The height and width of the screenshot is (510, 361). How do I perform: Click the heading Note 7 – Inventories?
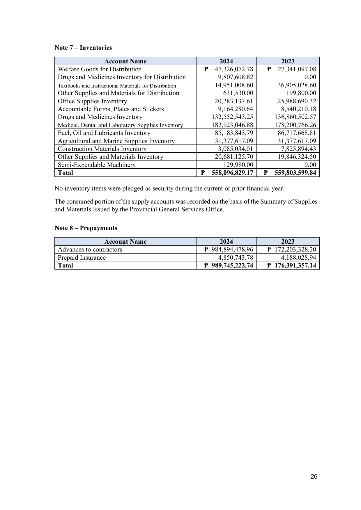(83, 48)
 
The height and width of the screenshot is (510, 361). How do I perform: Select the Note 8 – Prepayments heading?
(86, 228)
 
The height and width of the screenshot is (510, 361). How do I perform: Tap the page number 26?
(314, 477)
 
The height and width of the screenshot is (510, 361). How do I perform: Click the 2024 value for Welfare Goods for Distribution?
(233, 69)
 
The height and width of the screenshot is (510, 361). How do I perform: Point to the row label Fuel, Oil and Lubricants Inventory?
(104, 133)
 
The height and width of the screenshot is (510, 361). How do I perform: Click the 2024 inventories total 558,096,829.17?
(232, 173)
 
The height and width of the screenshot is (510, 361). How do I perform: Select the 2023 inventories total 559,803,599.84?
(295, 173)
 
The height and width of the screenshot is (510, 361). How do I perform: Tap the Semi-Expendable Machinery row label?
(97, 165)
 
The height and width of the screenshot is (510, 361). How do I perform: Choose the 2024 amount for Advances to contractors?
(232, 249)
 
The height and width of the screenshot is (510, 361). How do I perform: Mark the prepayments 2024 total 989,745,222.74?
(232, 265)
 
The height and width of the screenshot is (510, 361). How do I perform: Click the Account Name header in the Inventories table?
(125, 61)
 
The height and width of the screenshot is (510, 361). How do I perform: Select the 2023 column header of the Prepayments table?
(288, 242)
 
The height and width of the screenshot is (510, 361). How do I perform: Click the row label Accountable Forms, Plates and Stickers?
(111, 109)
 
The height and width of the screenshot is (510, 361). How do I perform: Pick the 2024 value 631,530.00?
(238, 93)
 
